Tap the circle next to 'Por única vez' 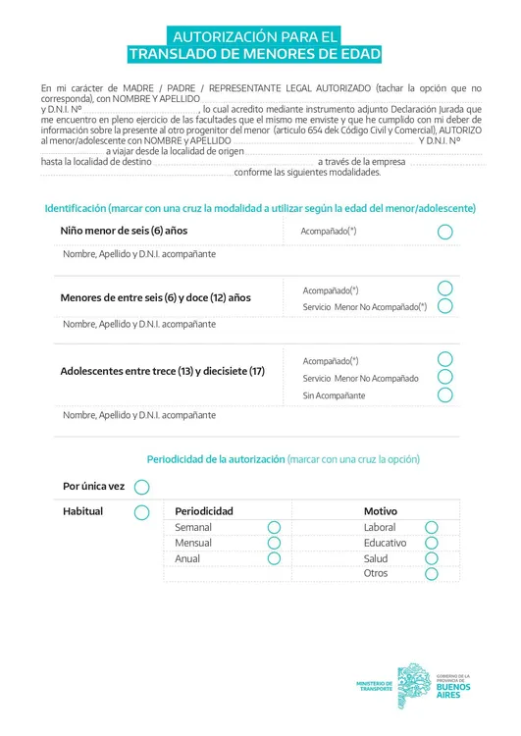click(141, 487)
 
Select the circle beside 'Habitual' click(141, 512)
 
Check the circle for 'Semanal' click(274, 527)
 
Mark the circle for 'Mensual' click(274, 543)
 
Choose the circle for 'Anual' click(274, 558)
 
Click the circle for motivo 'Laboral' click(431, 527)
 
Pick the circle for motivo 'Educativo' click(431, 543)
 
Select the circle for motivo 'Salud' click(431, 558)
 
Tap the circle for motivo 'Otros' click(431, 573)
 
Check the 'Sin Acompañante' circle click(444, 395)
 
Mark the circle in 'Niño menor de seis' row click(444, 232)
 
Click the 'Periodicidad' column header click(204, 511)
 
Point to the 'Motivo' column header click(381, 511)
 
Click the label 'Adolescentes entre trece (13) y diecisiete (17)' click(163, 371)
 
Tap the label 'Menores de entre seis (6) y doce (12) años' click(155, 297)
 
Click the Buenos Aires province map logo click(414, 685)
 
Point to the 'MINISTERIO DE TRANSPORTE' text click(375, 686)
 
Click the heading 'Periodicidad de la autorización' click(216, 459)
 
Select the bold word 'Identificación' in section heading click(75, 209)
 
